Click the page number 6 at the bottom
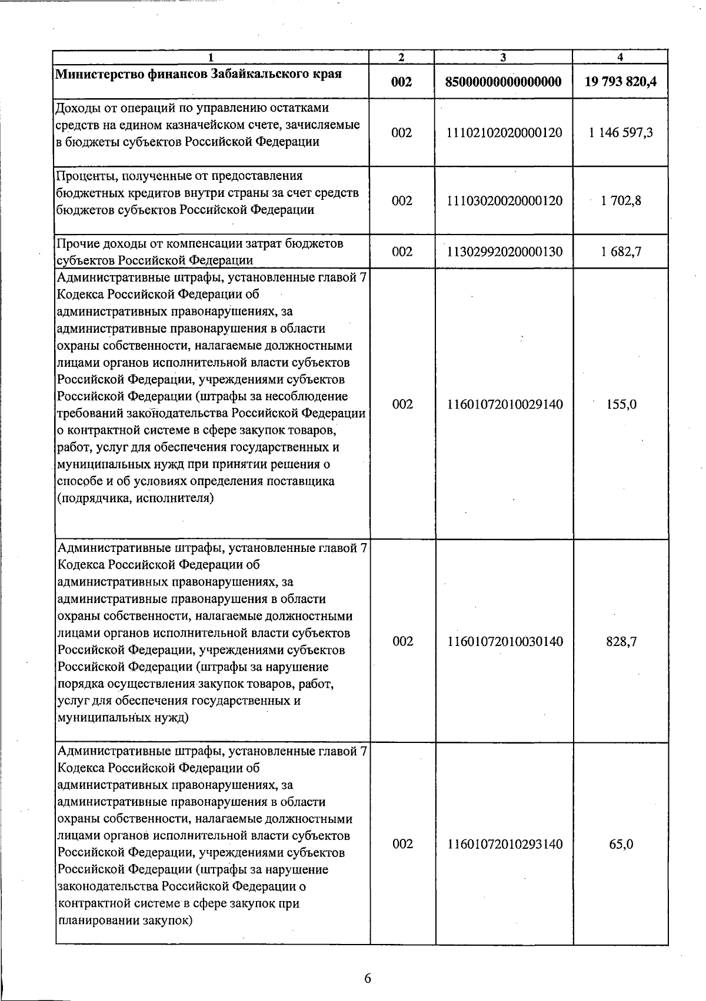click(x=368, y=978)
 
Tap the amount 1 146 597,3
click(x=621, y=133)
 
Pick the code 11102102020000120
click(x=504, y=133)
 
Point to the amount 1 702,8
click(x=621, y=201)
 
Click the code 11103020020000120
click(x=504, y=201)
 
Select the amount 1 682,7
click(x=621, y=252)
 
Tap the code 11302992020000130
click(x=504, y=252)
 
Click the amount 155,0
click(x=621, y=404)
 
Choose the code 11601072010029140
click(x=505, y=404)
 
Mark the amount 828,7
click(x=621, y=641)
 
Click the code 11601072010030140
click(x=505, y=641)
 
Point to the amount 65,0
click(x=621, y=844)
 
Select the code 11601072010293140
click(x=505, y=844)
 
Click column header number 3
click(x=503, y=57)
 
